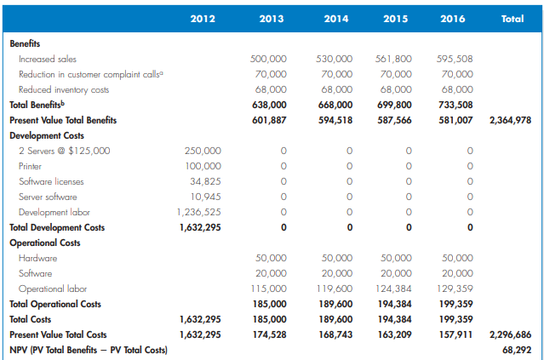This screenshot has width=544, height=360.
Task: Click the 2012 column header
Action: click(x=203, y=17)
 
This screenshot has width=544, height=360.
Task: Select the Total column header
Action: click(x=513, y=17)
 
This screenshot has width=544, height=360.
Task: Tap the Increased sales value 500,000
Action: click(x=268, y=59)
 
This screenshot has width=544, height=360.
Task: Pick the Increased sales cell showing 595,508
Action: click(x=455, y=59)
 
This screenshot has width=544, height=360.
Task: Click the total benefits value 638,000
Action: click(x=268, y=105)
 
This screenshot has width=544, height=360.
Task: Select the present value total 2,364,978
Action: click(x=511, y=120)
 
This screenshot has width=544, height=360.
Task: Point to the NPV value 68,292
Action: click(x=518, y=350)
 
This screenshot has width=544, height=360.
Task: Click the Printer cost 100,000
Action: click(x=203, y=166)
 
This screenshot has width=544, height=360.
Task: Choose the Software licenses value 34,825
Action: click(x=206, y=181)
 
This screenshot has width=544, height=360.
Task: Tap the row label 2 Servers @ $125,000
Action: click(x=64, y=151)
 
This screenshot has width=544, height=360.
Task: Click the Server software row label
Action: click(x=48, y=197)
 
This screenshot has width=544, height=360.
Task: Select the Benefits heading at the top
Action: click(x=25, y=43)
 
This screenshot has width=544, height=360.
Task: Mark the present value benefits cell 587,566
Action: click(x=393, y=120)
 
